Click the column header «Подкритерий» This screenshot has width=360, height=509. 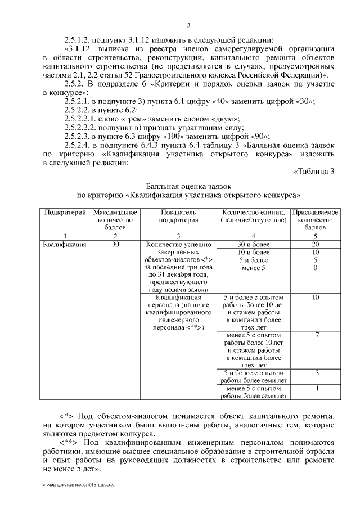pyautogui.click(x=65, y=213)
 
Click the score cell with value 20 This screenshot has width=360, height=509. pyautogui.click(x=315, y=244)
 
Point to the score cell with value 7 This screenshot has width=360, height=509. pyautogui.click(x=317, y=335)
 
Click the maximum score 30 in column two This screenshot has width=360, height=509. pyautogui.click(x=115, y=244)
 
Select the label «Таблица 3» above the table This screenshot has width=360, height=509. pyautogui.click(x=315, y=172)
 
